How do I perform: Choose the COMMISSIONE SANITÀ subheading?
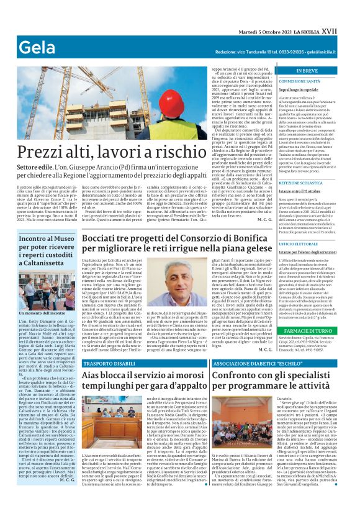[x=300, y=81]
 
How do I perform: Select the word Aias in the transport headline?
[x=93, y=376]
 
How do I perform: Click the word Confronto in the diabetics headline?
[x=234, y=376]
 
